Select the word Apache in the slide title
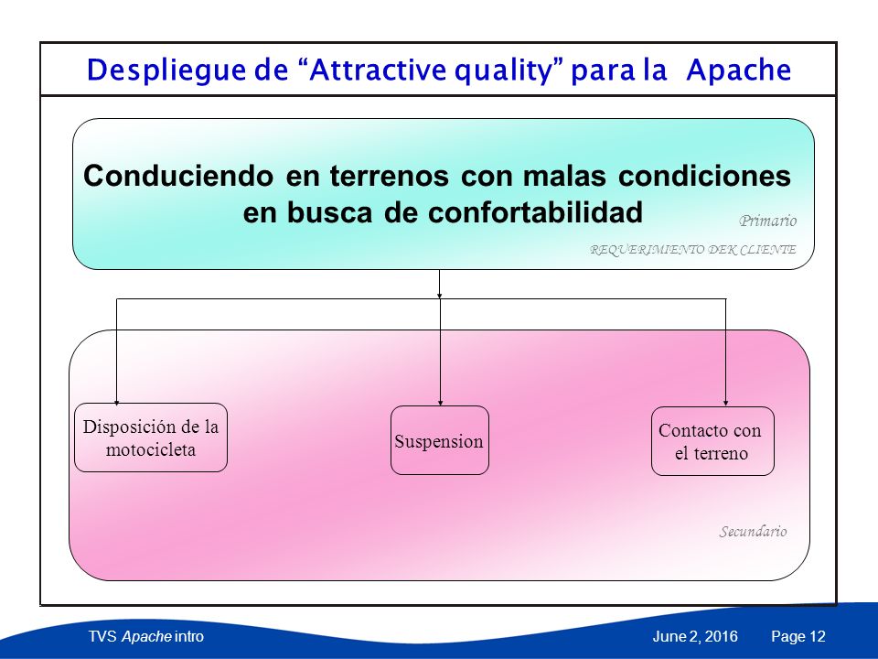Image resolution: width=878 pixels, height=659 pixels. pos(739,70)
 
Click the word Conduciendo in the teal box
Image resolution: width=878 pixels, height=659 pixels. pos(178,176)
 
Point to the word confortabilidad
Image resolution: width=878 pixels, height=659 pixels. pos(535,212)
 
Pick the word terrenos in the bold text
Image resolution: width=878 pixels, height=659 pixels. pos(390,176)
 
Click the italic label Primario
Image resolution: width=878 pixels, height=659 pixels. pos(767,221)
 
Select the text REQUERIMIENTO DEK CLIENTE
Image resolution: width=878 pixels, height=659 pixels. pos(693,249)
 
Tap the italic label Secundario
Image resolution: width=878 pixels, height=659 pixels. pos(753,531)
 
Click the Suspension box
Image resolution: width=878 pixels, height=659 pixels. pos(440,440)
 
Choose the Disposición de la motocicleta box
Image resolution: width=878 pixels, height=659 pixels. pos(151,438)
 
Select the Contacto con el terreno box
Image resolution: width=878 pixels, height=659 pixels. pos(712,441)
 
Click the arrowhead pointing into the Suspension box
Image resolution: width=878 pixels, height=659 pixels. pos(441,403)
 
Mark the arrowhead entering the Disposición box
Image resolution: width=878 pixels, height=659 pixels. pos(116,402)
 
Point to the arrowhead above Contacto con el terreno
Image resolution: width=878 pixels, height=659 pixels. pos(725,403)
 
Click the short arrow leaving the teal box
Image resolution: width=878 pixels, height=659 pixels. pos(440,284)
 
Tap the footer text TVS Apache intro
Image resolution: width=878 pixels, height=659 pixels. pos(146,637)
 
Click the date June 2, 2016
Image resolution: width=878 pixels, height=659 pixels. pos(695,637)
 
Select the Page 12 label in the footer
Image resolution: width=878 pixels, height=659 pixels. pos(798,637)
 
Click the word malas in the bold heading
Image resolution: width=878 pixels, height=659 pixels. pos(564,176)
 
